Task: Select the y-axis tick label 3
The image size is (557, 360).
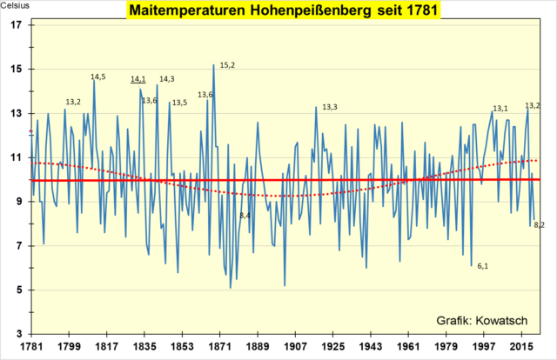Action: click(x=20, y=334)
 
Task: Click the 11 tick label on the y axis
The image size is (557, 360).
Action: click(x=17, y=157)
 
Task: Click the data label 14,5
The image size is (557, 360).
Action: click(x=98, y=77)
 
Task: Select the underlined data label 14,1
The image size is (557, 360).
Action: click(x=138, y=79)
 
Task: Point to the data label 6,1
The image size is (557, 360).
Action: click(x=483, y=266)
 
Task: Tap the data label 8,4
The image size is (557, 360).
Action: click(x=245, y=216)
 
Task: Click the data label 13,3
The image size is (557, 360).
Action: click(x=330, y=107)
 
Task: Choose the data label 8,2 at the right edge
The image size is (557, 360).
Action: click(x=540, y=224)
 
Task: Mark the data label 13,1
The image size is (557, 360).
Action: click(x=500, y=109)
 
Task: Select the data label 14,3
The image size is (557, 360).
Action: click(x=167, y=79)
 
